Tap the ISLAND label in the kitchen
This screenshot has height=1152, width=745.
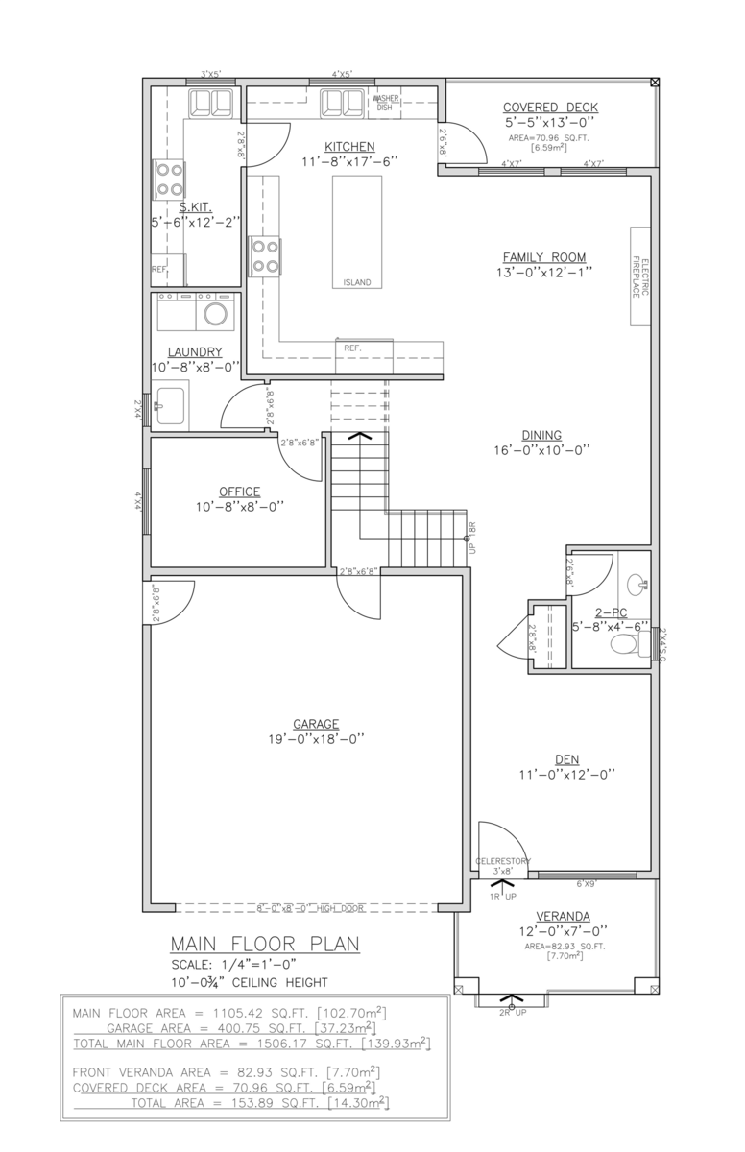(356, 282)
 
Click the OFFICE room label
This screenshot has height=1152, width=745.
(239, 492)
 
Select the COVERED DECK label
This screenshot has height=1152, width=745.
(550, 108)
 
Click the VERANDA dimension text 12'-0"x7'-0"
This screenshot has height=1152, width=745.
(563, 931)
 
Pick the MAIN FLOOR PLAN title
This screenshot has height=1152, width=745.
(265, 945)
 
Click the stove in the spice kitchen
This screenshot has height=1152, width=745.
(169, 180)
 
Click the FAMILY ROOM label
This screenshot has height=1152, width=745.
(544, 257)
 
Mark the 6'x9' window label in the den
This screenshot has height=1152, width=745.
(588, 883)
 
